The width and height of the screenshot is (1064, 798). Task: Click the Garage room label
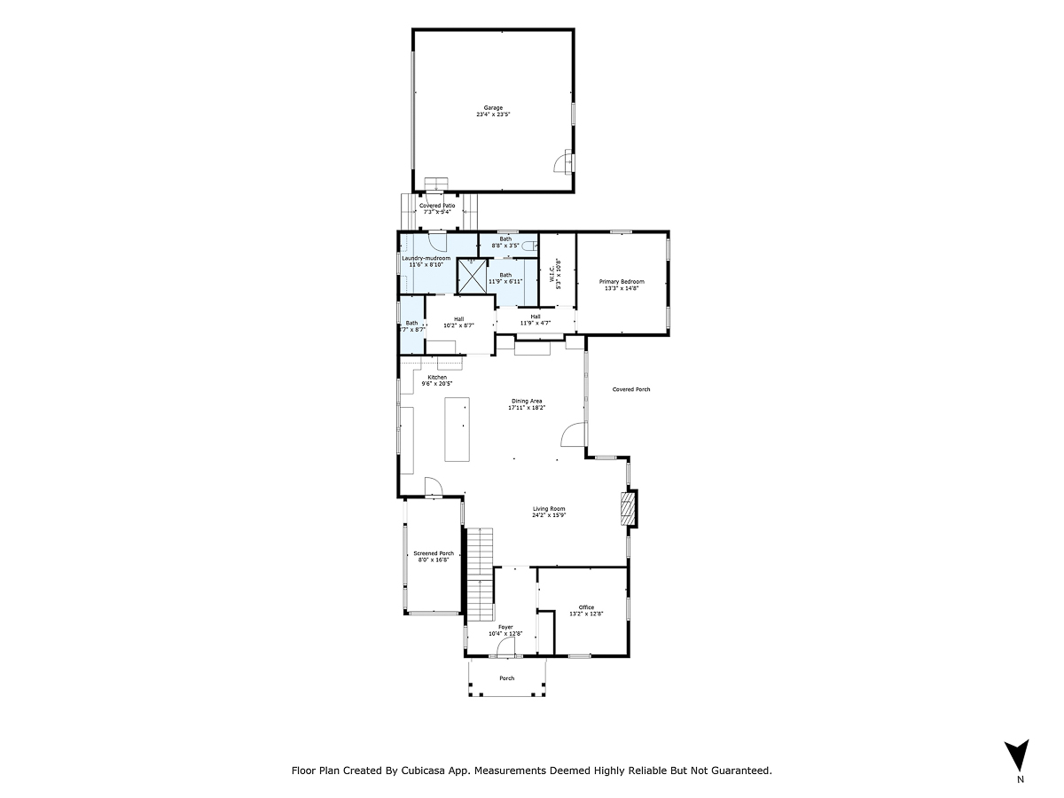click(x=493, y=108)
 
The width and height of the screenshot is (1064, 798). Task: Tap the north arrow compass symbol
click(x=1020, y=756)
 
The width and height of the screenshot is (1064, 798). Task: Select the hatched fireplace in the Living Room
click(x=628, y=509)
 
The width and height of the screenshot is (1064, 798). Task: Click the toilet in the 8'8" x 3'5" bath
click(x=529, y=246)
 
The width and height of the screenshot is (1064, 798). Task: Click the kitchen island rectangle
click(x=457, y=429)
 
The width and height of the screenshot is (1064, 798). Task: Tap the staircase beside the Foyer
click(x=480, y=575)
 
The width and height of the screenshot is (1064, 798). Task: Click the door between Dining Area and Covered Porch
click(x=574, y=434)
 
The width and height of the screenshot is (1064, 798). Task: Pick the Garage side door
click(x=564, y=162)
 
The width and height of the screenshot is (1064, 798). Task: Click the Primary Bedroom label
click(x=622, y=282)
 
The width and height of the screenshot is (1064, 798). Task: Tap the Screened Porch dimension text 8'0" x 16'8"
click(x=434, y=559)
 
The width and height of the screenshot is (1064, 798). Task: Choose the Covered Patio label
click(x=437, y=206)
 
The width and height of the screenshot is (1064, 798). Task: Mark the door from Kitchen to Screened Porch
click(x=434, y=488)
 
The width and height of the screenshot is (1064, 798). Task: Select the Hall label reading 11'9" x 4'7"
click(x=535, y=323)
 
